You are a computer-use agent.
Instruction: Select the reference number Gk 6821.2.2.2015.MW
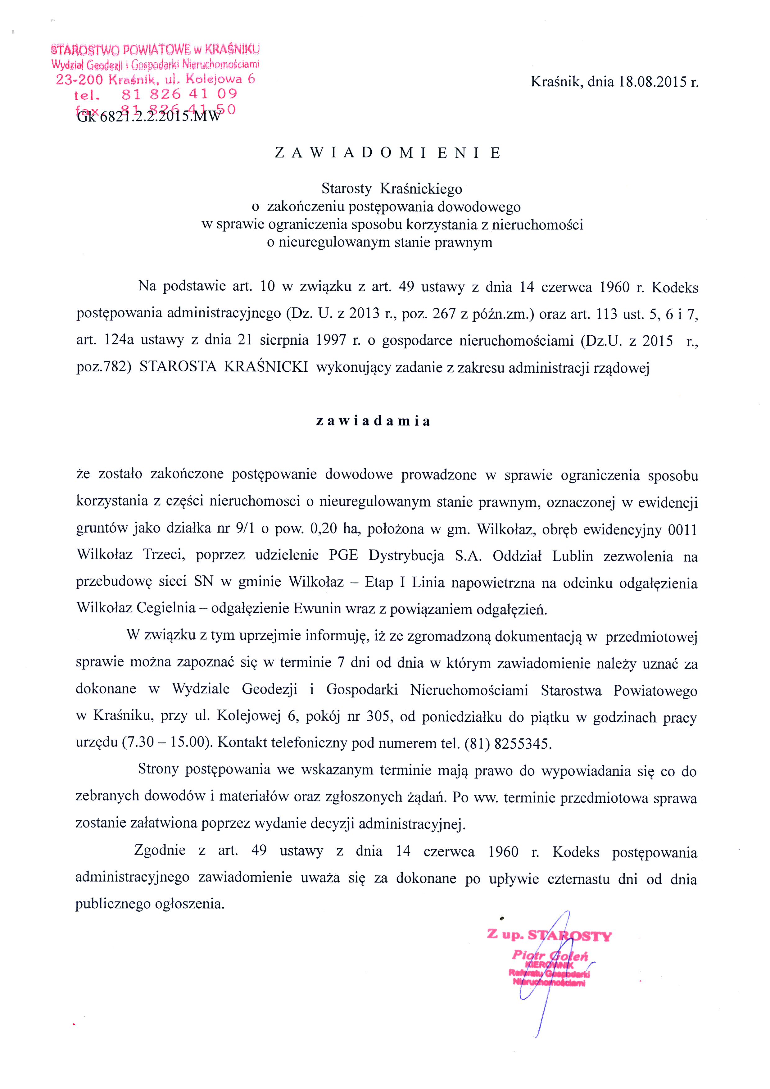point(148,116)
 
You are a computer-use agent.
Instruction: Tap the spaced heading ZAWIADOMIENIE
point(387,153)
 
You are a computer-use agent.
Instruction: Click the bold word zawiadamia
point(373,421)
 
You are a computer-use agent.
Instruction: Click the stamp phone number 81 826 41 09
point(179,94)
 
